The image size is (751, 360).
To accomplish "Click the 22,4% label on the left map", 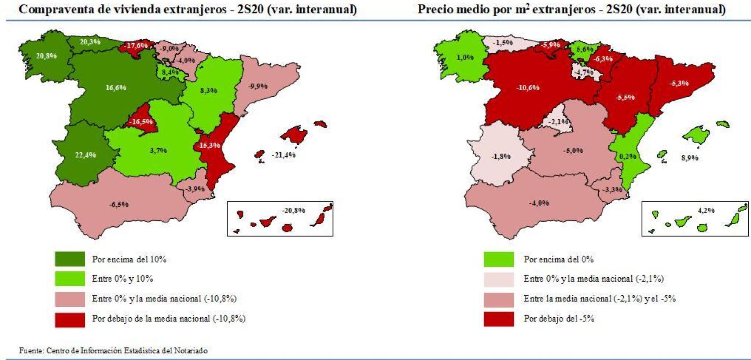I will [85, 155].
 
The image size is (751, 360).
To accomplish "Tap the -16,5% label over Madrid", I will [141, 122].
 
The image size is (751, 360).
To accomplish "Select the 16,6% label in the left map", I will [116, 88].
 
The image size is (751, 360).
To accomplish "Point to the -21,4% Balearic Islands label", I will [283, 155].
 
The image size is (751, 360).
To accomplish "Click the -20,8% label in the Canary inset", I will [294, 210].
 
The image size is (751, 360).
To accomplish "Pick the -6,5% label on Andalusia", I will [119, 204].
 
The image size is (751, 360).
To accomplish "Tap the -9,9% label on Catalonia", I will [258, 86].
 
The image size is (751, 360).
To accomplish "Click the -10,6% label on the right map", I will [528, 88].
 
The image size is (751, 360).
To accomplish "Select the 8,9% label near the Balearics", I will [689, 158].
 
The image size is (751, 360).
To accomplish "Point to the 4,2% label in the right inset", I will [706, 210].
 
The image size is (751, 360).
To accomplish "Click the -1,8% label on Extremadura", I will [501, 156].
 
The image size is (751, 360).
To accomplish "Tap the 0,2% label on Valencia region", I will [628, 156].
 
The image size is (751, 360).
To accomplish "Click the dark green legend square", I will [70, 259].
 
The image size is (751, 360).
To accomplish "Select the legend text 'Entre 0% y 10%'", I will [122, 279].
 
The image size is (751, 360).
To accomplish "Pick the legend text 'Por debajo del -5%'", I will [559, 318].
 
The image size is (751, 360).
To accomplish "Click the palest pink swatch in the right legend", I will [498, 279].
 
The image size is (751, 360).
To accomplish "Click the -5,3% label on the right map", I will [679, 83].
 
